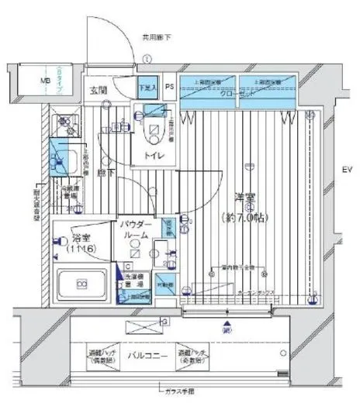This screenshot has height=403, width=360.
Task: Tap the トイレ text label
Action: (151, 155)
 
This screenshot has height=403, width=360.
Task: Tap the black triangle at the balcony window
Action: (226, 323)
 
